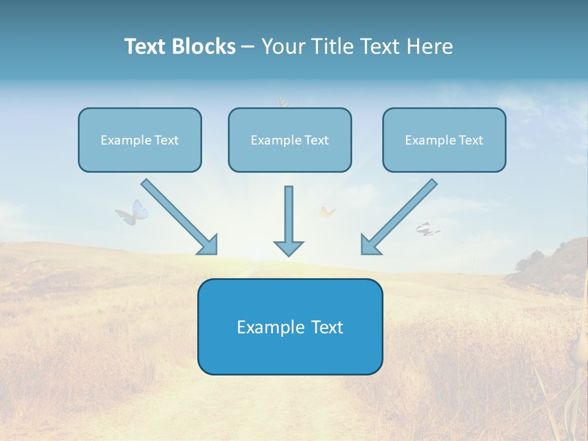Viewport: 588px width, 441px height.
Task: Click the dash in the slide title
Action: (x=248, y=47)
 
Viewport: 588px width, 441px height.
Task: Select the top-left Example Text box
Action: (x=140, y=140)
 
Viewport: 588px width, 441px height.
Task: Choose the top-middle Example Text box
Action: (x=290, y=140)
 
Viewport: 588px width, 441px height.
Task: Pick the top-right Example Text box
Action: (x=444, y=140)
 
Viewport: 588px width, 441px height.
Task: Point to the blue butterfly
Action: (x=133, y=213)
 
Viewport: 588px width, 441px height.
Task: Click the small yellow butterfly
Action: (x=327, y=212)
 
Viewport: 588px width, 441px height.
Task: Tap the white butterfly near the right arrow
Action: (x=427, y=230)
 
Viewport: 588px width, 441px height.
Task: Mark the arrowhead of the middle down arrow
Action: (x=288, y=248)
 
